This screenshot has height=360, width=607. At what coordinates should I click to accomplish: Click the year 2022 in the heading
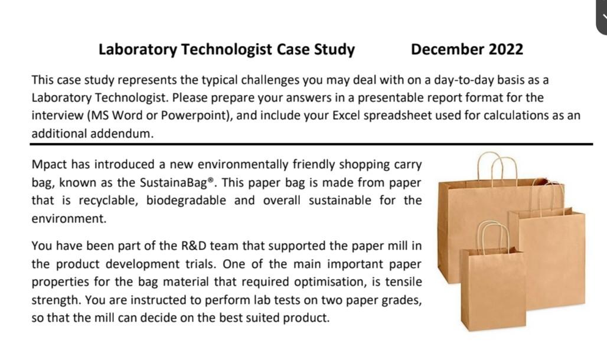pyautogui.click(x=506, y=49)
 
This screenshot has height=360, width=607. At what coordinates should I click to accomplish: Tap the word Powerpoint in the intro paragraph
pyautogui.click(x=198, y=116)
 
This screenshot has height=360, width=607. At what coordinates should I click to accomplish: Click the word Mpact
pyautogui.click(x=51, y=164)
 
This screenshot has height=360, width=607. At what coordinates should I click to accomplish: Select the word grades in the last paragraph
pyautogui.click(x=402, y=300)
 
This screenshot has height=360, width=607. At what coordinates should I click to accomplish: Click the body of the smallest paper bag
pyautogui.click(x=494, y=289)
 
